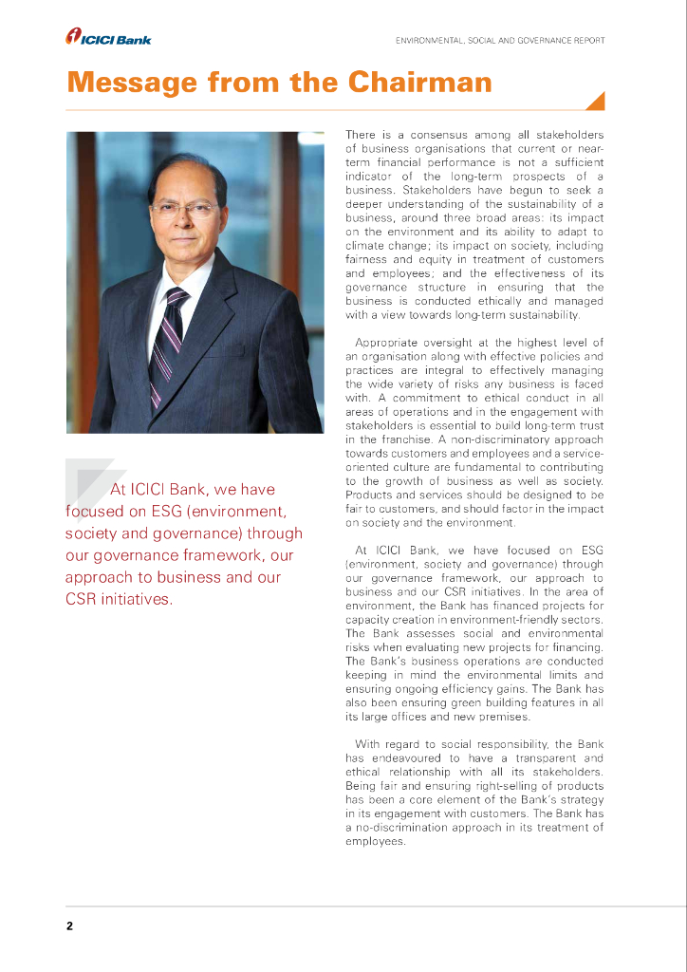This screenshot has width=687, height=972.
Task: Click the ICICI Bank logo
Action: (x=108, y=37)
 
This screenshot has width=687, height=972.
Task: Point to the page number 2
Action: (x=69, y=925)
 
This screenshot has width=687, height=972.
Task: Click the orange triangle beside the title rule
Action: (x=596, y=102)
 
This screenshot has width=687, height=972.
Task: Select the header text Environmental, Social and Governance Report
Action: (x=500, y=40)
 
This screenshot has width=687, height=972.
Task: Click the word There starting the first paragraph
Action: (x=361, y=136)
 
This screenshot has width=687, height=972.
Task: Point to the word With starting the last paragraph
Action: (x=368, y=743)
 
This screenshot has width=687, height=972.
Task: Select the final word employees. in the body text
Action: (x=376, y=841)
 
